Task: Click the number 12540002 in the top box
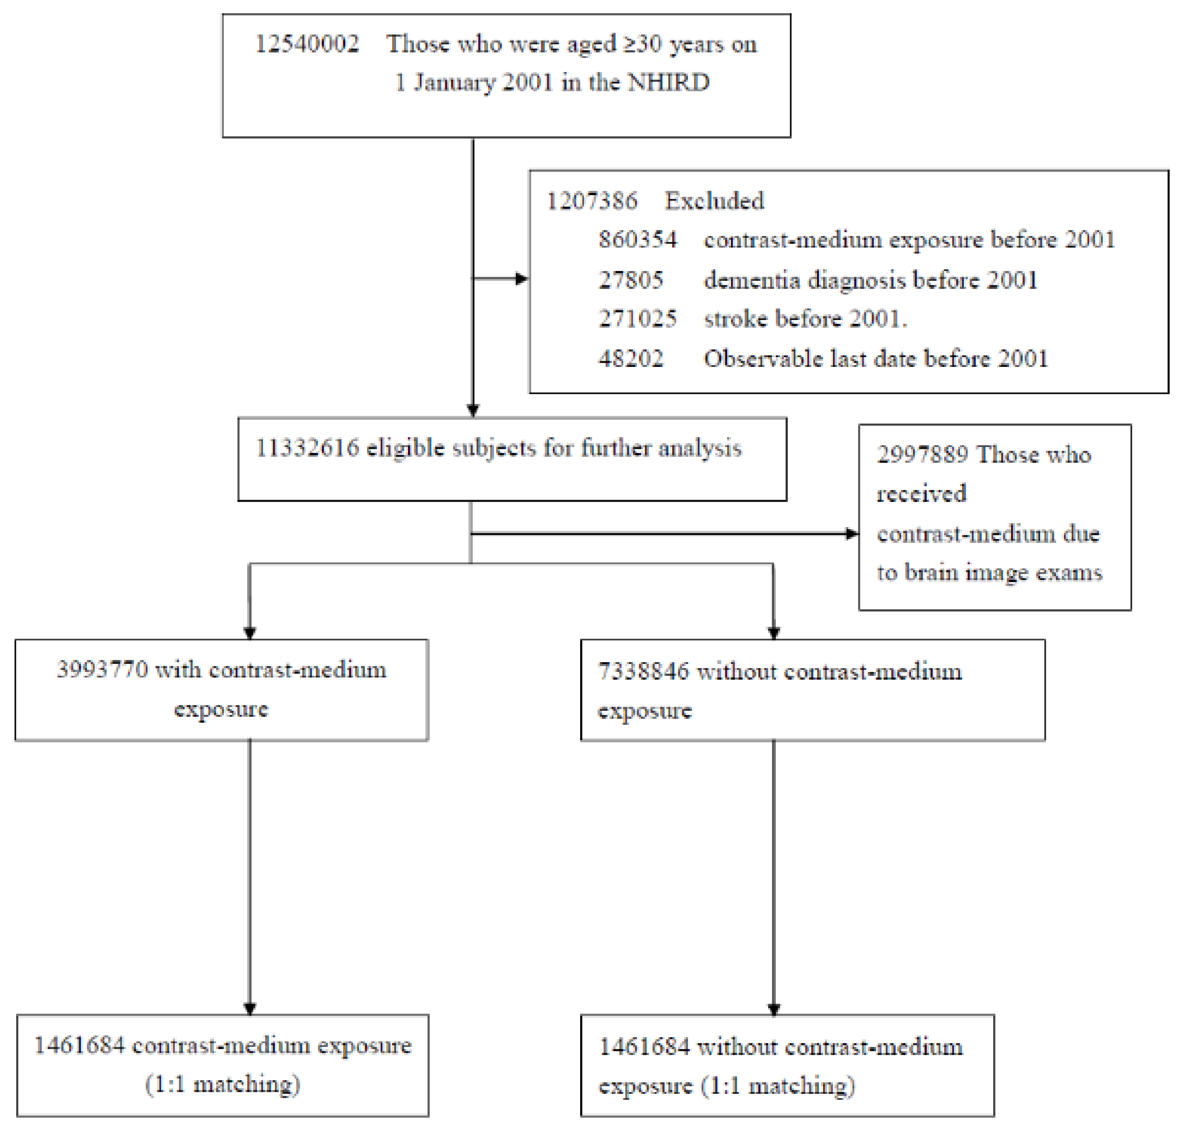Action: point(306,44)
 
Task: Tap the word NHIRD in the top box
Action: point(668,82)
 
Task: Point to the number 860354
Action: point(637,240)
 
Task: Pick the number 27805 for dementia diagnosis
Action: point(630,280)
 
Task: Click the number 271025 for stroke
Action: point(637,319)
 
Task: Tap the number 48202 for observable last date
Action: point(630,358)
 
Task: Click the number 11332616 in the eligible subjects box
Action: point(307,448)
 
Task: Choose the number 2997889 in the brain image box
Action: point(922,454)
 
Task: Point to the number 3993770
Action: point(102,670)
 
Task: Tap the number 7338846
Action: point(643,672)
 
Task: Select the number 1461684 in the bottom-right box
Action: point(644,1047)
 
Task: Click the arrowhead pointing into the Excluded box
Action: point(521,279)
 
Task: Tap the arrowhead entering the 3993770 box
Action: point(250,633)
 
